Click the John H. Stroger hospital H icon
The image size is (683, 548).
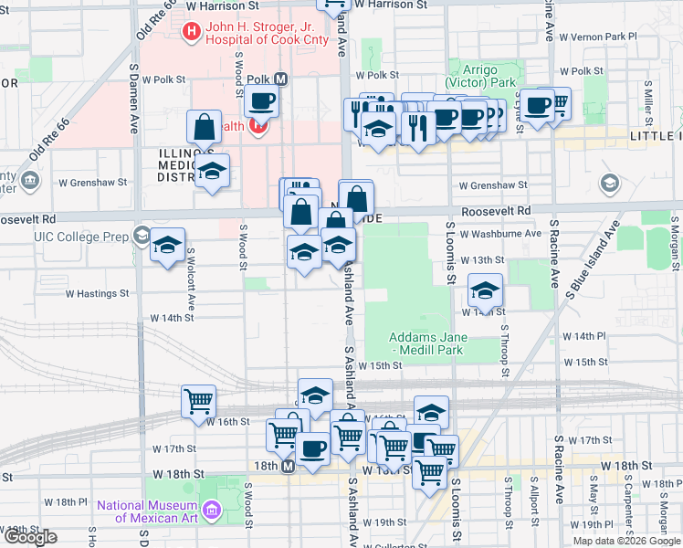tap(192, 33)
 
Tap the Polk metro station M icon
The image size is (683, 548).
tap(280, 79)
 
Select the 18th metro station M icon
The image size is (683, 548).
tap(287, 467)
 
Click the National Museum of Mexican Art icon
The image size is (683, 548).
tap(212, 508)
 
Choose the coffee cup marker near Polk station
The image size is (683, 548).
tap(261, 102)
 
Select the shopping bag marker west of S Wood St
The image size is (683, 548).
tap(205, 127)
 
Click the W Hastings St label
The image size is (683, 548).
tap(97, 293)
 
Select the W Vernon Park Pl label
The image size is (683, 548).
tap(597, 37)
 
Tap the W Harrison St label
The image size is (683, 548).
tap(232, 5)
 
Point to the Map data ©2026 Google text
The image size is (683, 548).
tap(626, 541)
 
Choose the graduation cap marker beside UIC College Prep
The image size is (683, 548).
tap(168, 246)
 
